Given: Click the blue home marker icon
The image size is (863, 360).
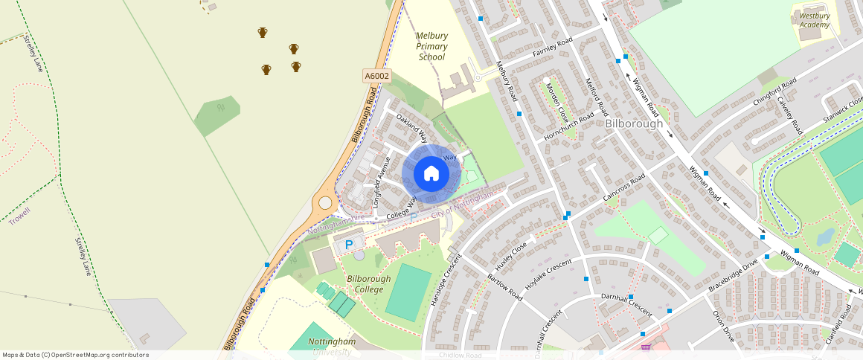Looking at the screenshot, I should click(x=431, y=174).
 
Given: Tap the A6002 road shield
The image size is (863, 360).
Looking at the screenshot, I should click(x=377, y=76).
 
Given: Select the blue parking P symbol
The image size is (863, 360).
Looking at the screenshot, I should click(x=349, y=245).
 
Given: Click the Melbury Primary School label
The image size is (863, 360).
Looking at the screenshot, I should click(x=431, y=46).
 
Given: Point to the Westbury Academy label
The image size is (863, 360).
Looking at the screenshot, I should click(x=814, y=20).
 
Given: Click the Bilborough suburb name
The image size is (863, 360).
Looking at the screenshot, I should click(x=633, y=123).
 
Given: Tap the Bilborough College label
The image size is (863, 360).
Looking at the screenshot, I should click(x=368, y=283).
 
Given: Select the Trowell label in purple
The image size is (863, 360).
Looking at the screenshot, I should click(x=21, y=216).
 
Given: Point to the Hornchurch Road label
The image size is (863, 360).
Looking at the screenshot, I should click(x=569, y=127).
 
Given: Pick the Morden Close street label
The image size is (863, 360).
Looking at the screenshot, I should click(x=558, y=104).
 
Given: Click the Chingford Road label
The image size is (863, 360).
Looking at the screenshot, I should click(x=774, y=92).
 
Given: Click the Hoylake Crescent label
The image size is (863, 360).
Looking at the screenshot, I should click(x=548, y=274).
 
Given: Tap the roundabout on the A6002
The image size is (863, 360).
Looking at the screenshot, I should click(x=325, y=202).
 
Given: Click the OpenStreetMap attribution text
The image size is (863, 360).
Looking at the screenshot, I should click(x=75, y=355).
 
